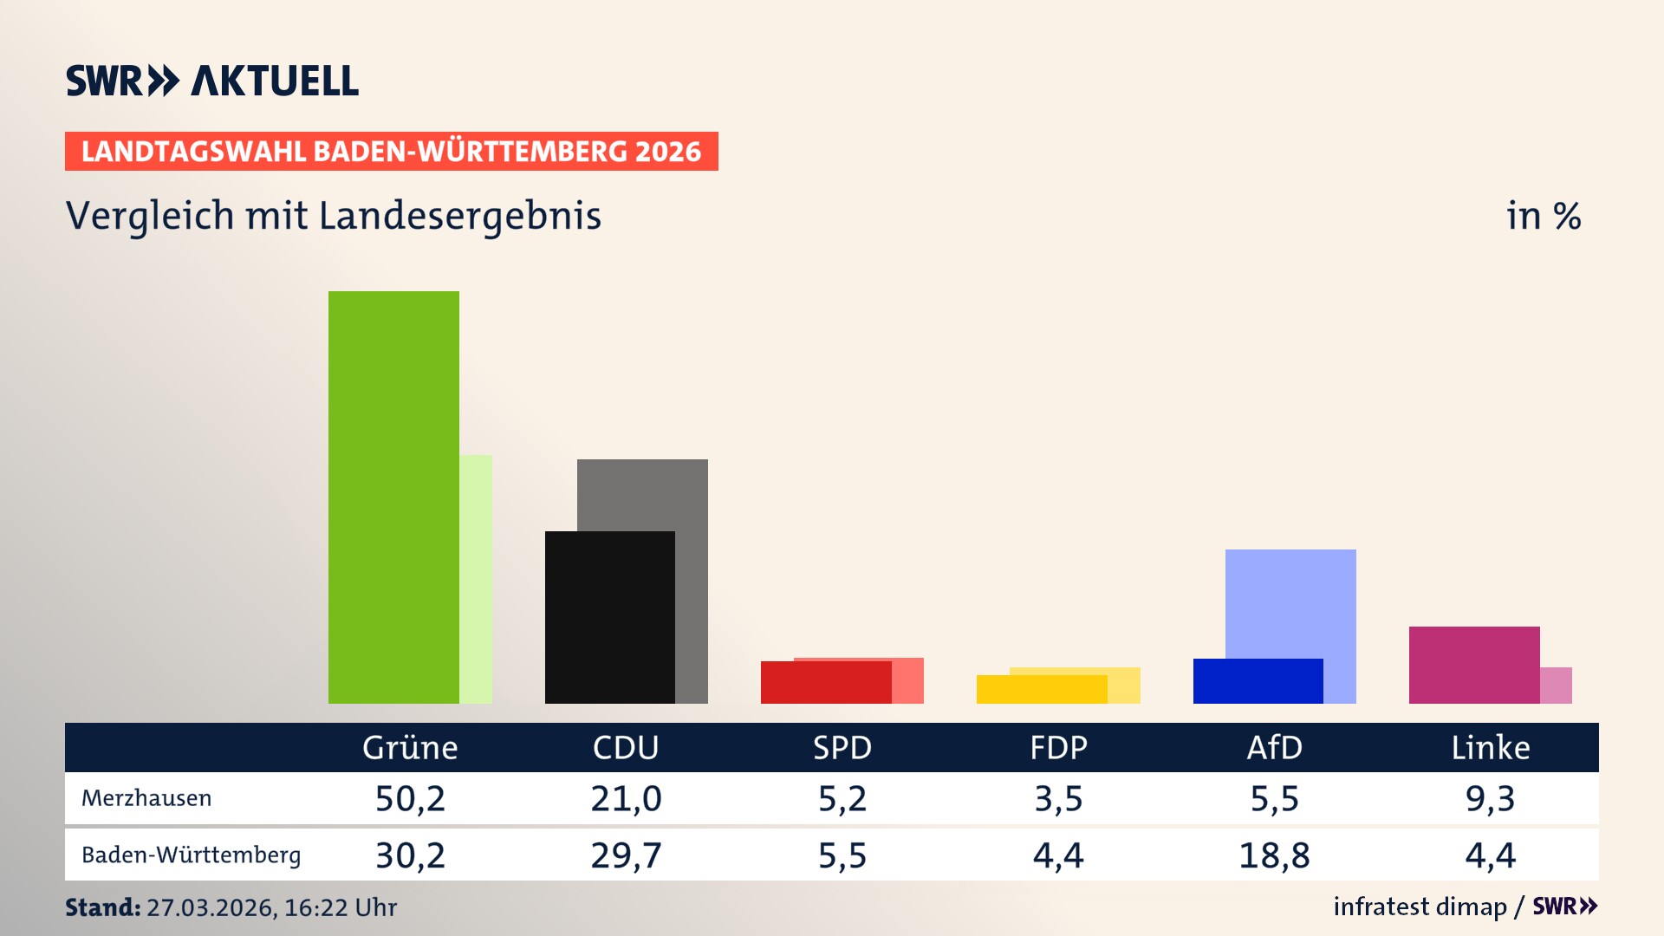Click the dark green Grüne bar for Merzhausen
tap(393, 497)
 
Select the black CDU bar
tap(609, 617)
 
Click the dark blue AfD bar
tap(1258, 681)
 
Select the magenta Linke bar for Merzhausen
tap(1473, 665)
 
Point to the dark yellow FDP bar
tap(1041, 690)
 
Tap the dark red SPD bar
tap(825, 683)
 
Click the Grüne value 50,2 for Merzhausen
tap(410, 798)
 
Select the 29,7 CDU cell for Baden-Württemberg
tap(626, 855)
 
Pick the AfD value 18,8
tap(1274, 855)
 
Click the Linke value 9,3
tap(1490, 798)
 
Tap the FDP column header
tap(1058, 747)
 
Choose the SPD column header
tap(842, 747)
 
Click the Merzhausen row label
tap(146, 798)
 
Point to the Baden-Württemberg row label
tap(192, 855)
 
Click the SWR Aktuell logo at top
tap(212, 81)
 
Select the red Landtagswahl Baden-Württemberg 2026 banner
tap(391, 152)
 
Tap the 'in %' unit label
tap(1543, 216)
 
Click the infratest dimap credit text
tap(1420, 907)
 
